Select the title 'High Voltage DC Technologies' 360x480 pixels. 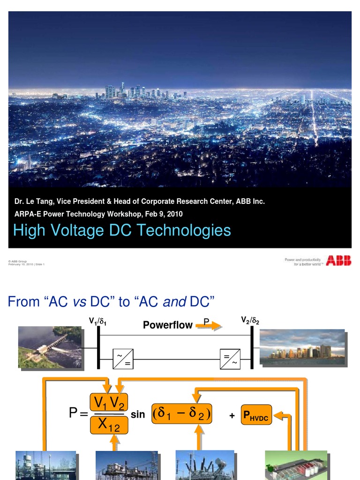(x=122, y=231)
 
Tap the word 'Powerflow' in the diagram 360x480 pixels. (x=168, y=325)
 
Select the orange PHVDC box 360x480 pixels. (x=255, y=415)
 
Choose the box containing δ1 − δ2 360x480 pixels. (x=181, y=414)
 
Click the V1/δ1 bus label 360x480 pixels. (x=100, y=322)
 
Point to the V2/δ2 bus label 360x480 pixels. (x=250, y=320)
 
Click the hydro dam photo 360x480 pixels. (x=50, y=347)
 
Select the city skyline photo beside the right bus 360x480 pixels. (x=302, y=347)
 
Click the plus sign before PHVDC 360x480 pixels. (x=232, y=416)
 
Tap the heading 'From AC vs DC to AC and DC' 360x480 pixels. (x=111, y=302)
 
